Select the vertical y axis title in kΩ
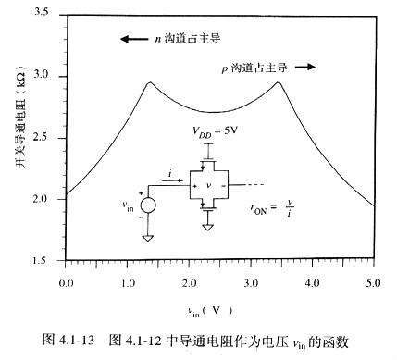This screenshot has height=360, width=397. click(13, 139)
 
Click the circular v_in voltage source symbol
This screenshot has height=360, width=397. click(147, 204)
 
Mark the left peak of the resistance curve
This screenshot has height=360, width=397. click(149, 82)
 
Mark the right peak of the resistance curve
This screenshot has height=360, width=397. click(277, 82)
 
